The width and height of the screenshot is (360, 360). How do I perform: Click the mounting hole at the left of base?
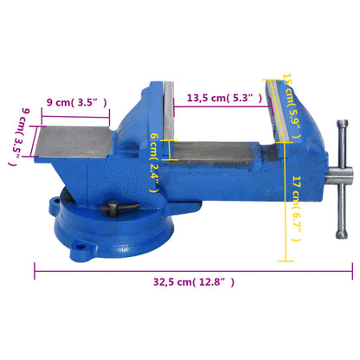[59, 209]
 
